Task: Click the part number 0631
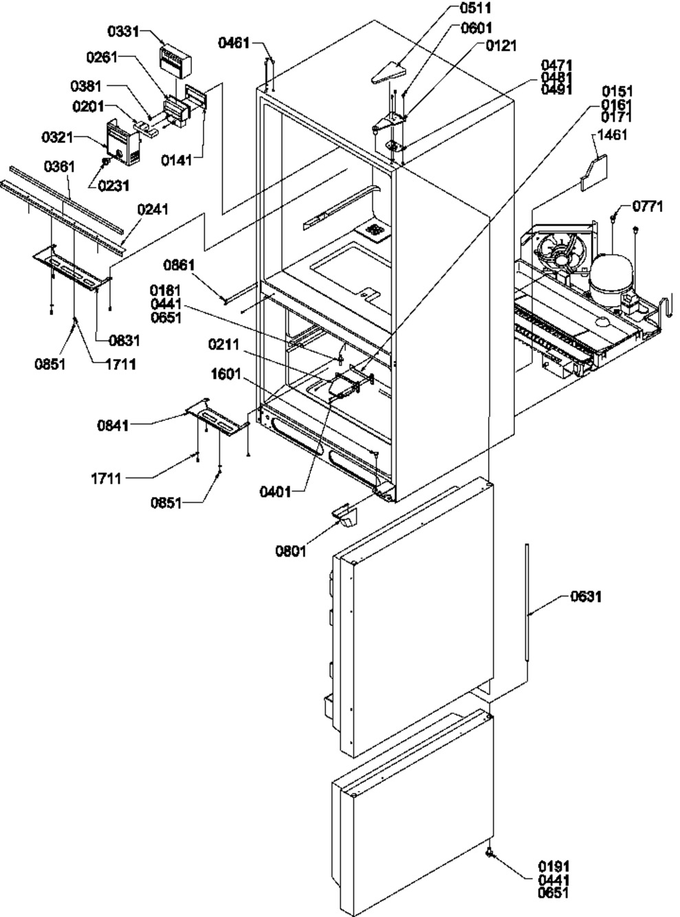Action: [x=585, y=596]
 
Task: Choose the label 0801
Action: [x=291, y=550]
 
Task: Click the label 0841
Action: [x=113, y=427]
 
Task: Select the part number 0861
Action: [x=179, y=264]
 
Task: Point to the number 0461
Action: [x=234, y=43]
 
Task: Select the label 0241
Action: [x=154, y=209]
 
